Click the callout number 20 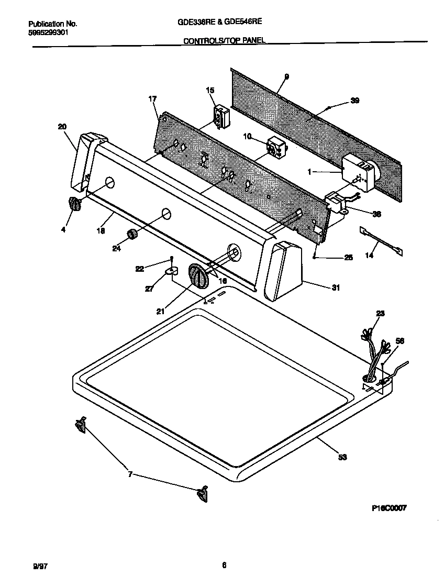[62, 126]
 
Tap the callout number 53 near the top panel [342, 457]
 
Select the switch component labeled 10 [274, 147]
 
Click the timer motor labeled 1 [358, 172]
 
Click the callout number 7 [130, 474]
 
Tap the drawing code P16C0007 [389, 508]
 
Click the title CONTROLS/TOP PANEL [224, 40]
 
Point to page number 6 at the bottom [224, 564]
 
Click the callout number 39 [354, 101]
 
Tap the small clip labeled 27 [171, 271]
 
